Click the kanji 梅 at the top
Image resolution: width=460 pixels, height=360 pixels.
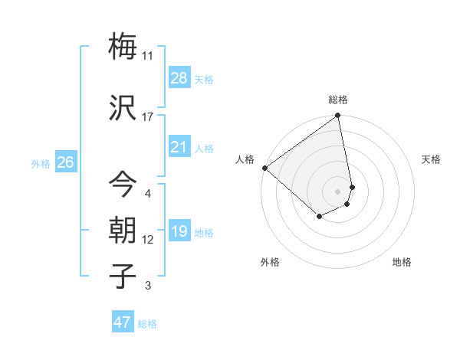[123, 46]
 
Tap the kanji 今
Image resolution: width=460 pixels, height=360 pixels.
[123, 185]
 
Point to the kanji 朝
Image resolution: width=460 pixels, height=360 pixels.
[123, 231]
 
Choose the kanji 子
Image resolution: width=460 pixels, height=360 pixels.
[123, 276]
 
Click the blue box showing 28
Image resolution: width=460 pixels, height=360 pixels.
[179, 78]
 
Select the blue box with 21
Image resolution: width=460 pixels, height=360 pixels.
[179, 147]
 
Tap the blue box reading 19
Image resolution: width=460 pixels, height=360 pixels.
[179, 231]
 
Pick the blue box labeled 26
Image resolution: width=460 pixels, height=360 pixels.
[66, 162]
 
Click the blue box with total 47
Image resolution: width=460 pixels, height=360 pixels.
[123, 322]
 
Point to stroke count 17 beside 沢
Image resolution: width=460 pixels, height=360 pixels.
[148, 117]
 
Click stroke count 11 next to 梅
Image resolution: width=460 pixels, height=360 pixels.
[148, 56]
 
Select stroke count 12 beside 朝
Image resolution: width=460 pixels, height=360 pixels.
[148, 240]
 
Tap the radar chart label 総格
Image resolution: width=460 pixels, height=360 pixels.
[338, 100]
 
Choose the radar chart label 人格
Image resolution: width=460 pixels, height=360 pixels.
[245, 159]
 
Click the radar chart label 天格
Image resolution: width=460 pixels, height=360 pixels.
[431, 159]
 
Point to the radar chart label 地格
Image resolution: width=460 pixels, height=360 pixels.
[402, 262]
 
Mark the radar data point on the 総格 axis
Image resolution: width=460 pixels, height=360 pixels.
[338, 116]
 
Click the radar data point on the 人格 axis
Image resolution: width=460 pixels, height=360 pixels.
[264, 168]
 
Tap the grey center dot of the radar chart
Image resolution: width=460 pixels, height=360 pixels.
[338, 191]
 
